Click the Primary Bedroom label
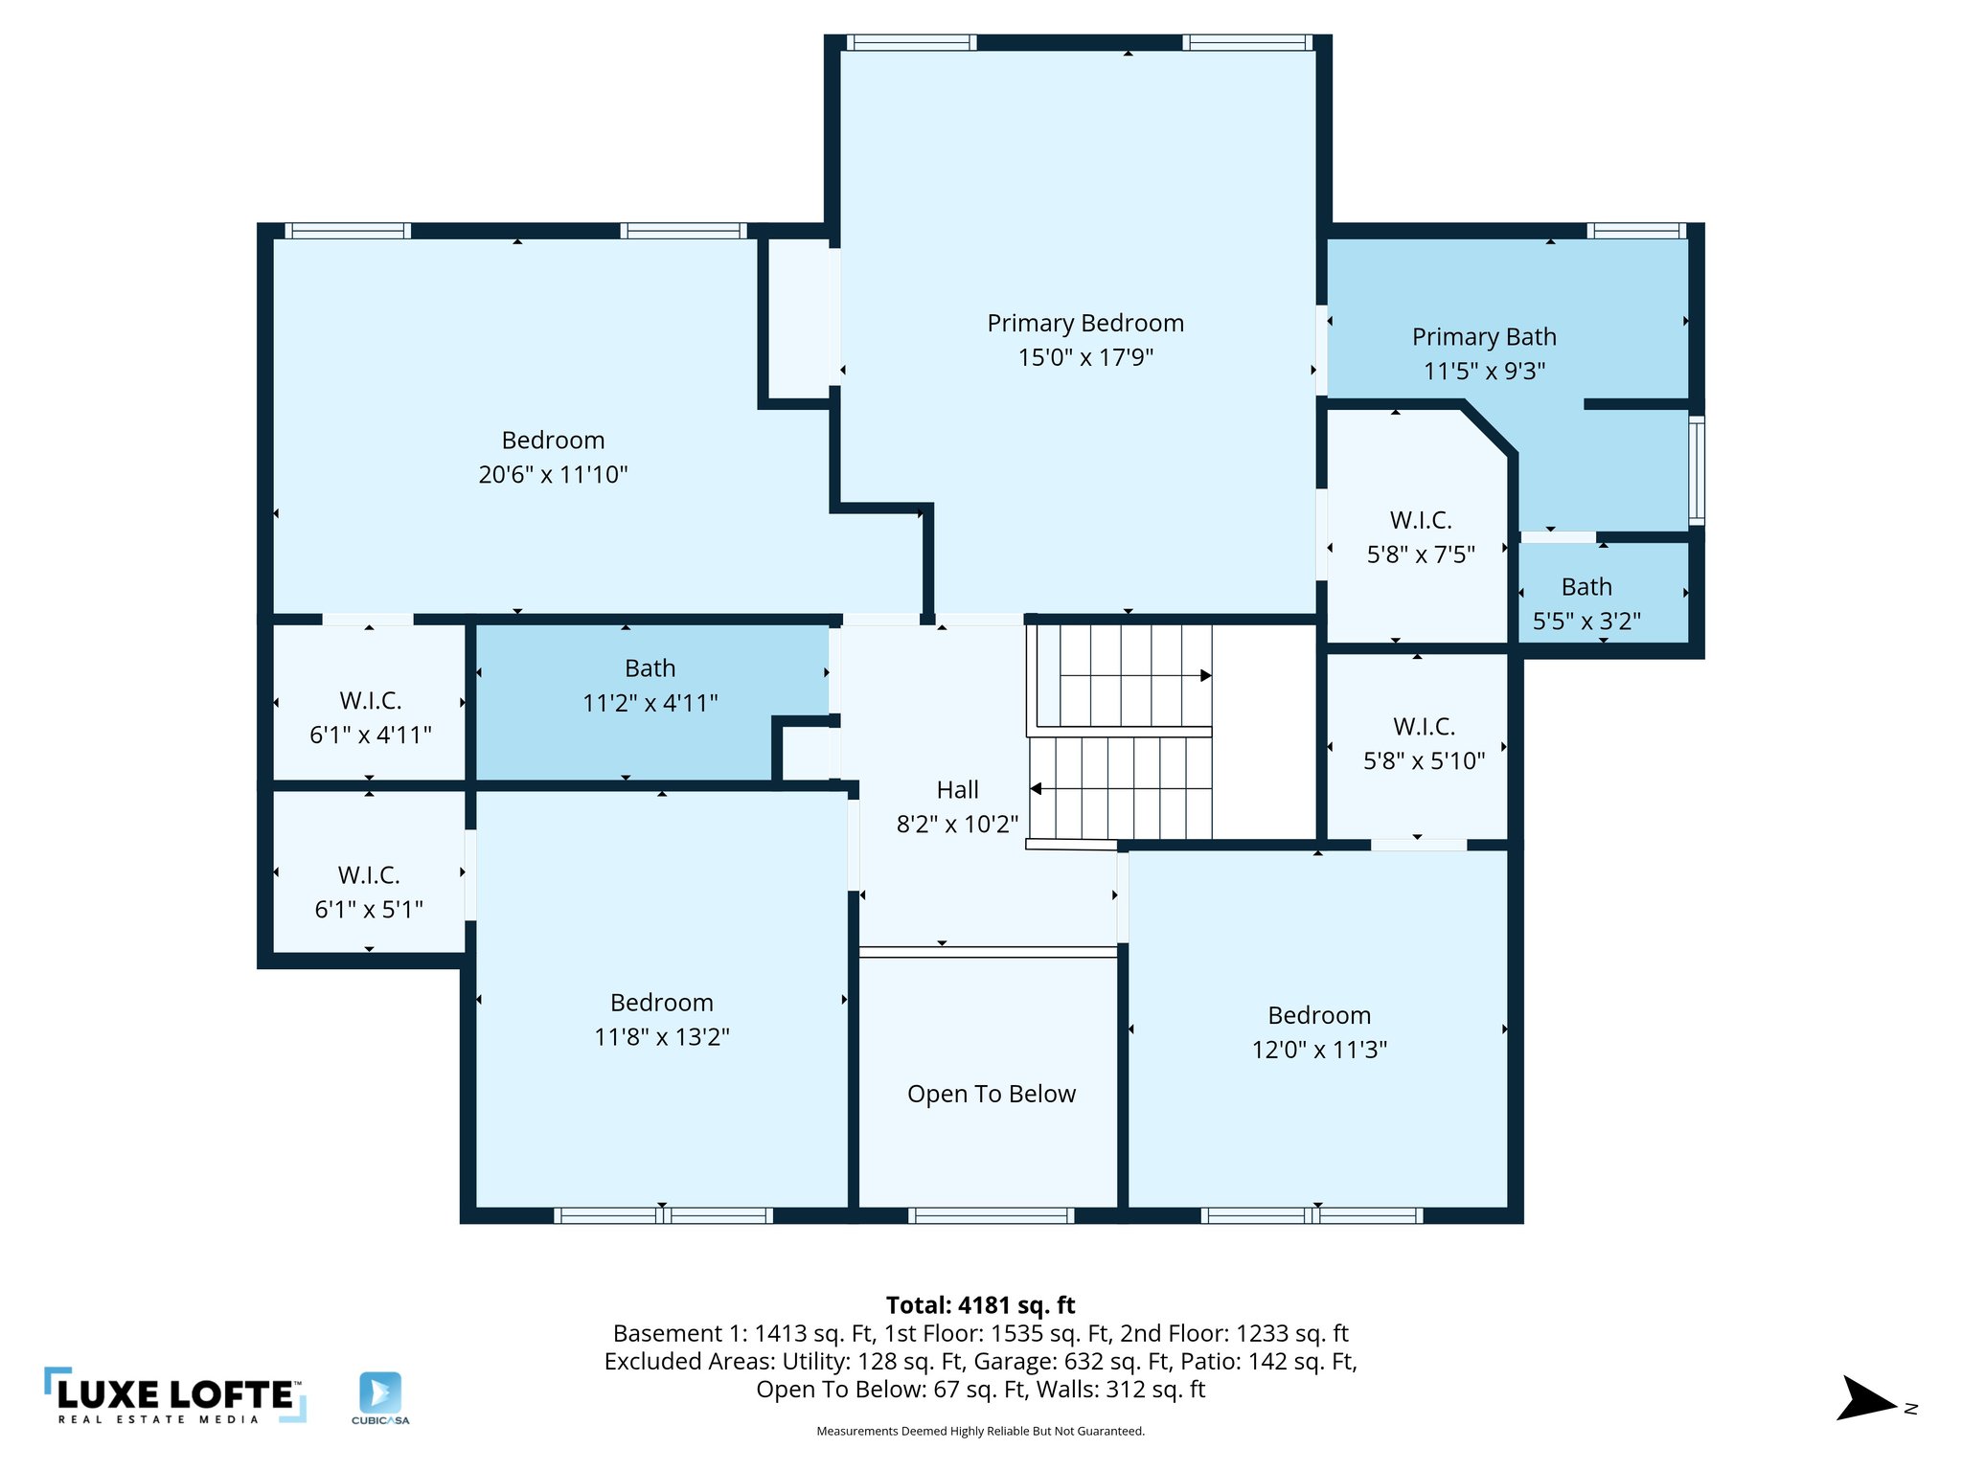tap(1085, 324)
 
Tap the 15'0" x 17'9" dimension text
tap(1085, 357)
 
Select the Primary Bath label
tap(1484, 337)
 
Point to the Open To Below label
tap(992, 1094)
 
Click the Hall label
tap(957, 790)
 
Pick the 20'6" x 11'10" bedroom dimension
tap(553, 474)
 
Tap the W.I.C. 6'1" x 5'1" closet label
tap(369, 875)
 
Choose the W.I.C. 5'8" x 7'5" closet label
tap(1421, 521)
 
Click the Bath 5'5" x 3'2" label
tap(1586, 587)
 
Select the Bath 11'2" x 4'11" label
tap(650, 668)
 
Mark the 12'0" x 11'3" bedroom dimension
tap(1319, 1050)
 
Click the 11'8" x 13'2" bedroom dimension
tap(662, 1037)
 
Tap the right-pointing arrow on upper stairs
tap(1205, 675)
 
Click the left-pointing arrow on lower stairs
tap(1037, 789)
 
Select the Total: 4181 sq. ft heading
tap(980, 1305)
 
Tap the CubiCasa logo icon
tap(380, 1392)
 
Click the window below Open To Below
tap(991, 1216)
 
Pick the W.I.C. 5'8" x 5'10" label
tap(1424, 727)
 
